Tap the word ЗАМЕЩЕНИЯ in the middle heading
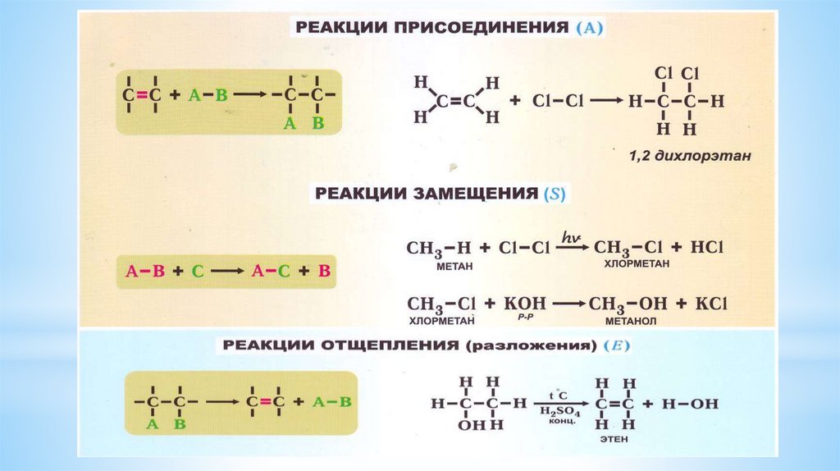click(x=478, y=194)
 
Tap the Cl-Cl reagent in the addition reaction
click(x=557, y=101)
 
